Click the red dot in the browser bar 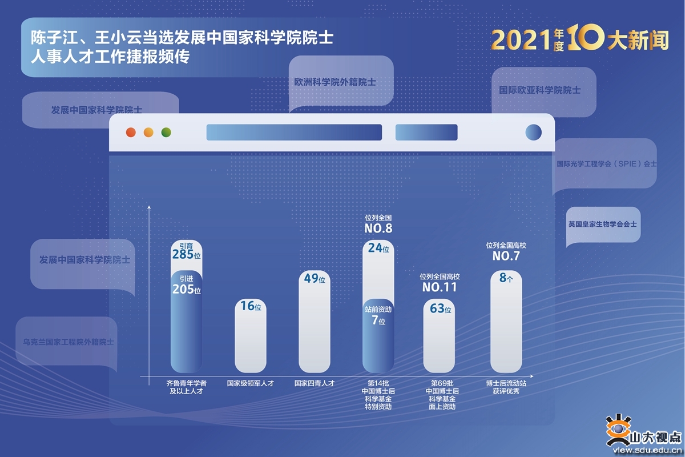point(131,133)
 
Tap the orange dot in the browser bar point(148,133)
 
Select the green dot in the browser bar point(166,133)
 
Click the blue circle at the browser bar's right point(534,133)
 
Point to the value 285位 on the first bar point(187,254)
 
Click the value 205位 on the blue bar point(187,289)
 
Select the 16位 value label point(251,306)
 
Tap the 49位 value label point(315,278)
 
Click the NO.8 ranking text point(378,228)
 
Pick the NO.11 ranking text point(440,287)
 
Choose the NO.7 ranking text point(506,256)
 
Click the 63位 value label point(441,308)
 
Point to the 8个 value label point(506,278)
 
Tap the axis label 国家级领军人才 point(251,383)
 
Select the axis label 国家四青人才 point(315,383)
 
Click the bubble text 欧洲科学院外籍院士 point(335,82)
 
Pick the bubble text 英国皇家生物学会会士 point(602,224)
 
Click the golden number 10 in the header point(585,37)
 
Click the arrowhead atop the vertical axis point(149,207)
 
